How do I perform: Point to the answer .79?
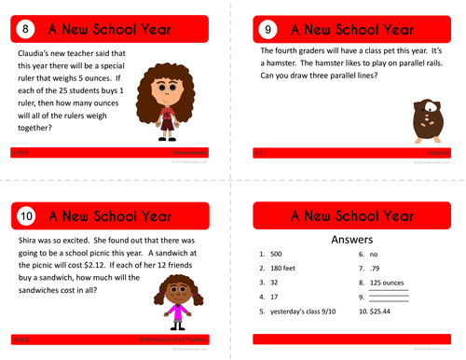pyautogui.click(x=377, y=269)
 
